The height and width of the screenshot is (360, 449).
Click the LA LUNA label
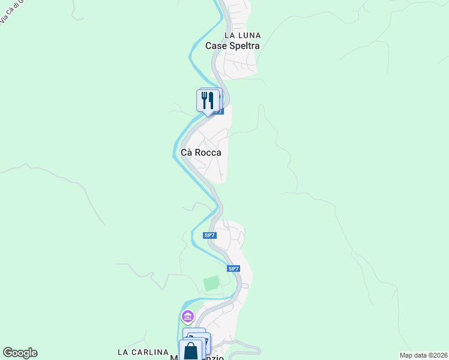(243, 36)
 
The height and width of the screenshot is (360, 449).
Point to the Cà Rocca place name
(201, 152)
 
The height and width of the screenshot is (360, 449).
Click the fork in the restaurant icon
(205, 99)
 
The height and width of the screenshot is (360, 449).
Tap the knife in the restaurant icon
(212, 100)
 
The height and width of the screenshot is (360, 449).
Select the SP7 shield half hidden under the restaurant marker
(218, 112)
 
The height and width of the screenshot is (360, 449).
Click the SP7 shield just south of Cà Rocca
(209, 235)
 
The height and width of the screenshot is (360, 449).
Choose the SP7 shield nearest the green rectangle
(234, 269)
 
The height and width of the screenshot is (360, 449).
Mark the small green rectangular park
(211, 284)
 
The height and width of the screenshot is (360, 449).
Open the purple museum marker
(187, 316)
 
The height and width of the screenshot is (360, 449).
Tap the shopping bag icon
(191, 351)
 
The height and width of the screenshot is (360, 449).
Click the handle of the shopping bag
(191, 345)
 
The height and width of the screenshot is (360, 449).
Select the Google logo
(20, 353)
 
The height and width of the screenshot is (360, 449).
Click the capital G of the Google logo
(8, 353)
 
